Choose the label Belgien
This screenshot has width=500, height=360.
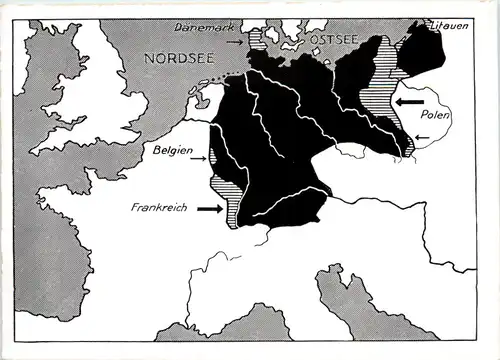[x=172, y=151]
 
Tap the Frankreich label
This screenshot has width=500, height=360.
[x=161, y=209]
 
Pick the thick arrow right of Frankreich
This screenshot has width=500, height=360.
[x=210, y=209]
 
